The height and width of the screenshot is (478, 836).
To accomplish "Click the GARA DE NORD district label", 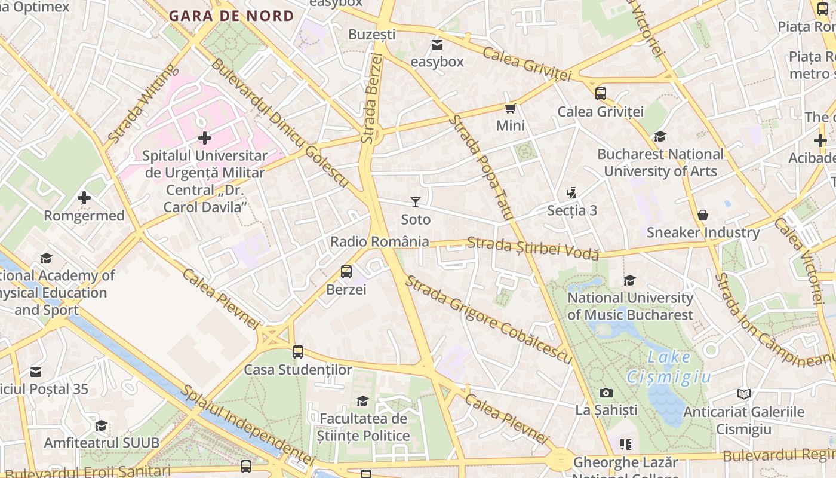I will point(231,16).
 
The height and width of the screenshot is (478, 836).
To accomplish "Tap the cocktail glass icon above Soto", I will point(416,202).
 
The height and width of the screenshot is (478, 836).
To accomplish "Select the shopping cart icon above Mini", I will point(511,108).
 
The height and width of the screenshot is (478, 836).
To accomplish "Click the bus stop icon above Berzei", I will point(346,272).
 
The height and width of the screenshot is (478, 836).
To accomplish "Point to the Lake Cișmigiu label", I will point(669,367).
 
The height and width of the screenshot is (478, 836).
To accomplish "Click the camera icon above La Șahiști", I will point(606,393).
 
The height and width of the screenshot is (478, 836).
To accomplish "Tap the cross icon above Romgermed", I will point(84,198).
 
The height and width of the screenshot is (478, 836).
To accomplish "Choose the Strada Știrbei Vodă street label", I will point(533,248).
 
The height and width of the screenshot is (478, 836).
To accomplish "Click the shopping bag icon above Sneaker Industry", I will point(703,215).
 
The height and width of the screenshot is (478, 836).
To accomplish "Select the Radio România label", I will point(380,241).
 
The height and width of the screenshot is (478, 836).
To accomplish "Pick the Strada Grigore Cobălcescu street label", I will point(488,319).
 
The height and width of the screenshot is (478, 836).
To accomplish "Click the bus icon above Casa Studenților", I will point(298,352).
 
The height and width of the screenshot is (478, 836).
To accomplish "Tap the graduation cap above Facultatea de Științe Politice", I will point(362,401).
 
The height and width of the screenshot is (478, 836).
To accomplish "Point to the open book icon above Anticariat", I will point(743,394).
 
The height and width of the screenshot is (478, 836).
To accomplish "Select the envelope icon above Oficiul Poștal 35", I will point(36,372).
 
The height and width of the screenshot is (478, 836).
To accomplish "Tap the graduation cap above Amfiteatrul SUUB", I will point(102,425).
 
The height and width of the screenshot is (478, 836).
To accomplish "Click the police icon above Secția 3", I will point(572,193).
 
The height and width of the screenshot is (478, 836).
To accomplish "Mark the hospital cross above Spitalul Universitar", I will point(205,138).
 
